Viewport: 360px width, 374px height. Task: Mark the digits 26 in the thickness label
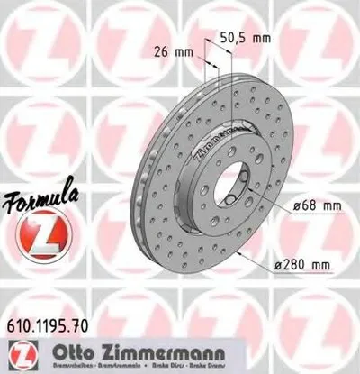[178, 50]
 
